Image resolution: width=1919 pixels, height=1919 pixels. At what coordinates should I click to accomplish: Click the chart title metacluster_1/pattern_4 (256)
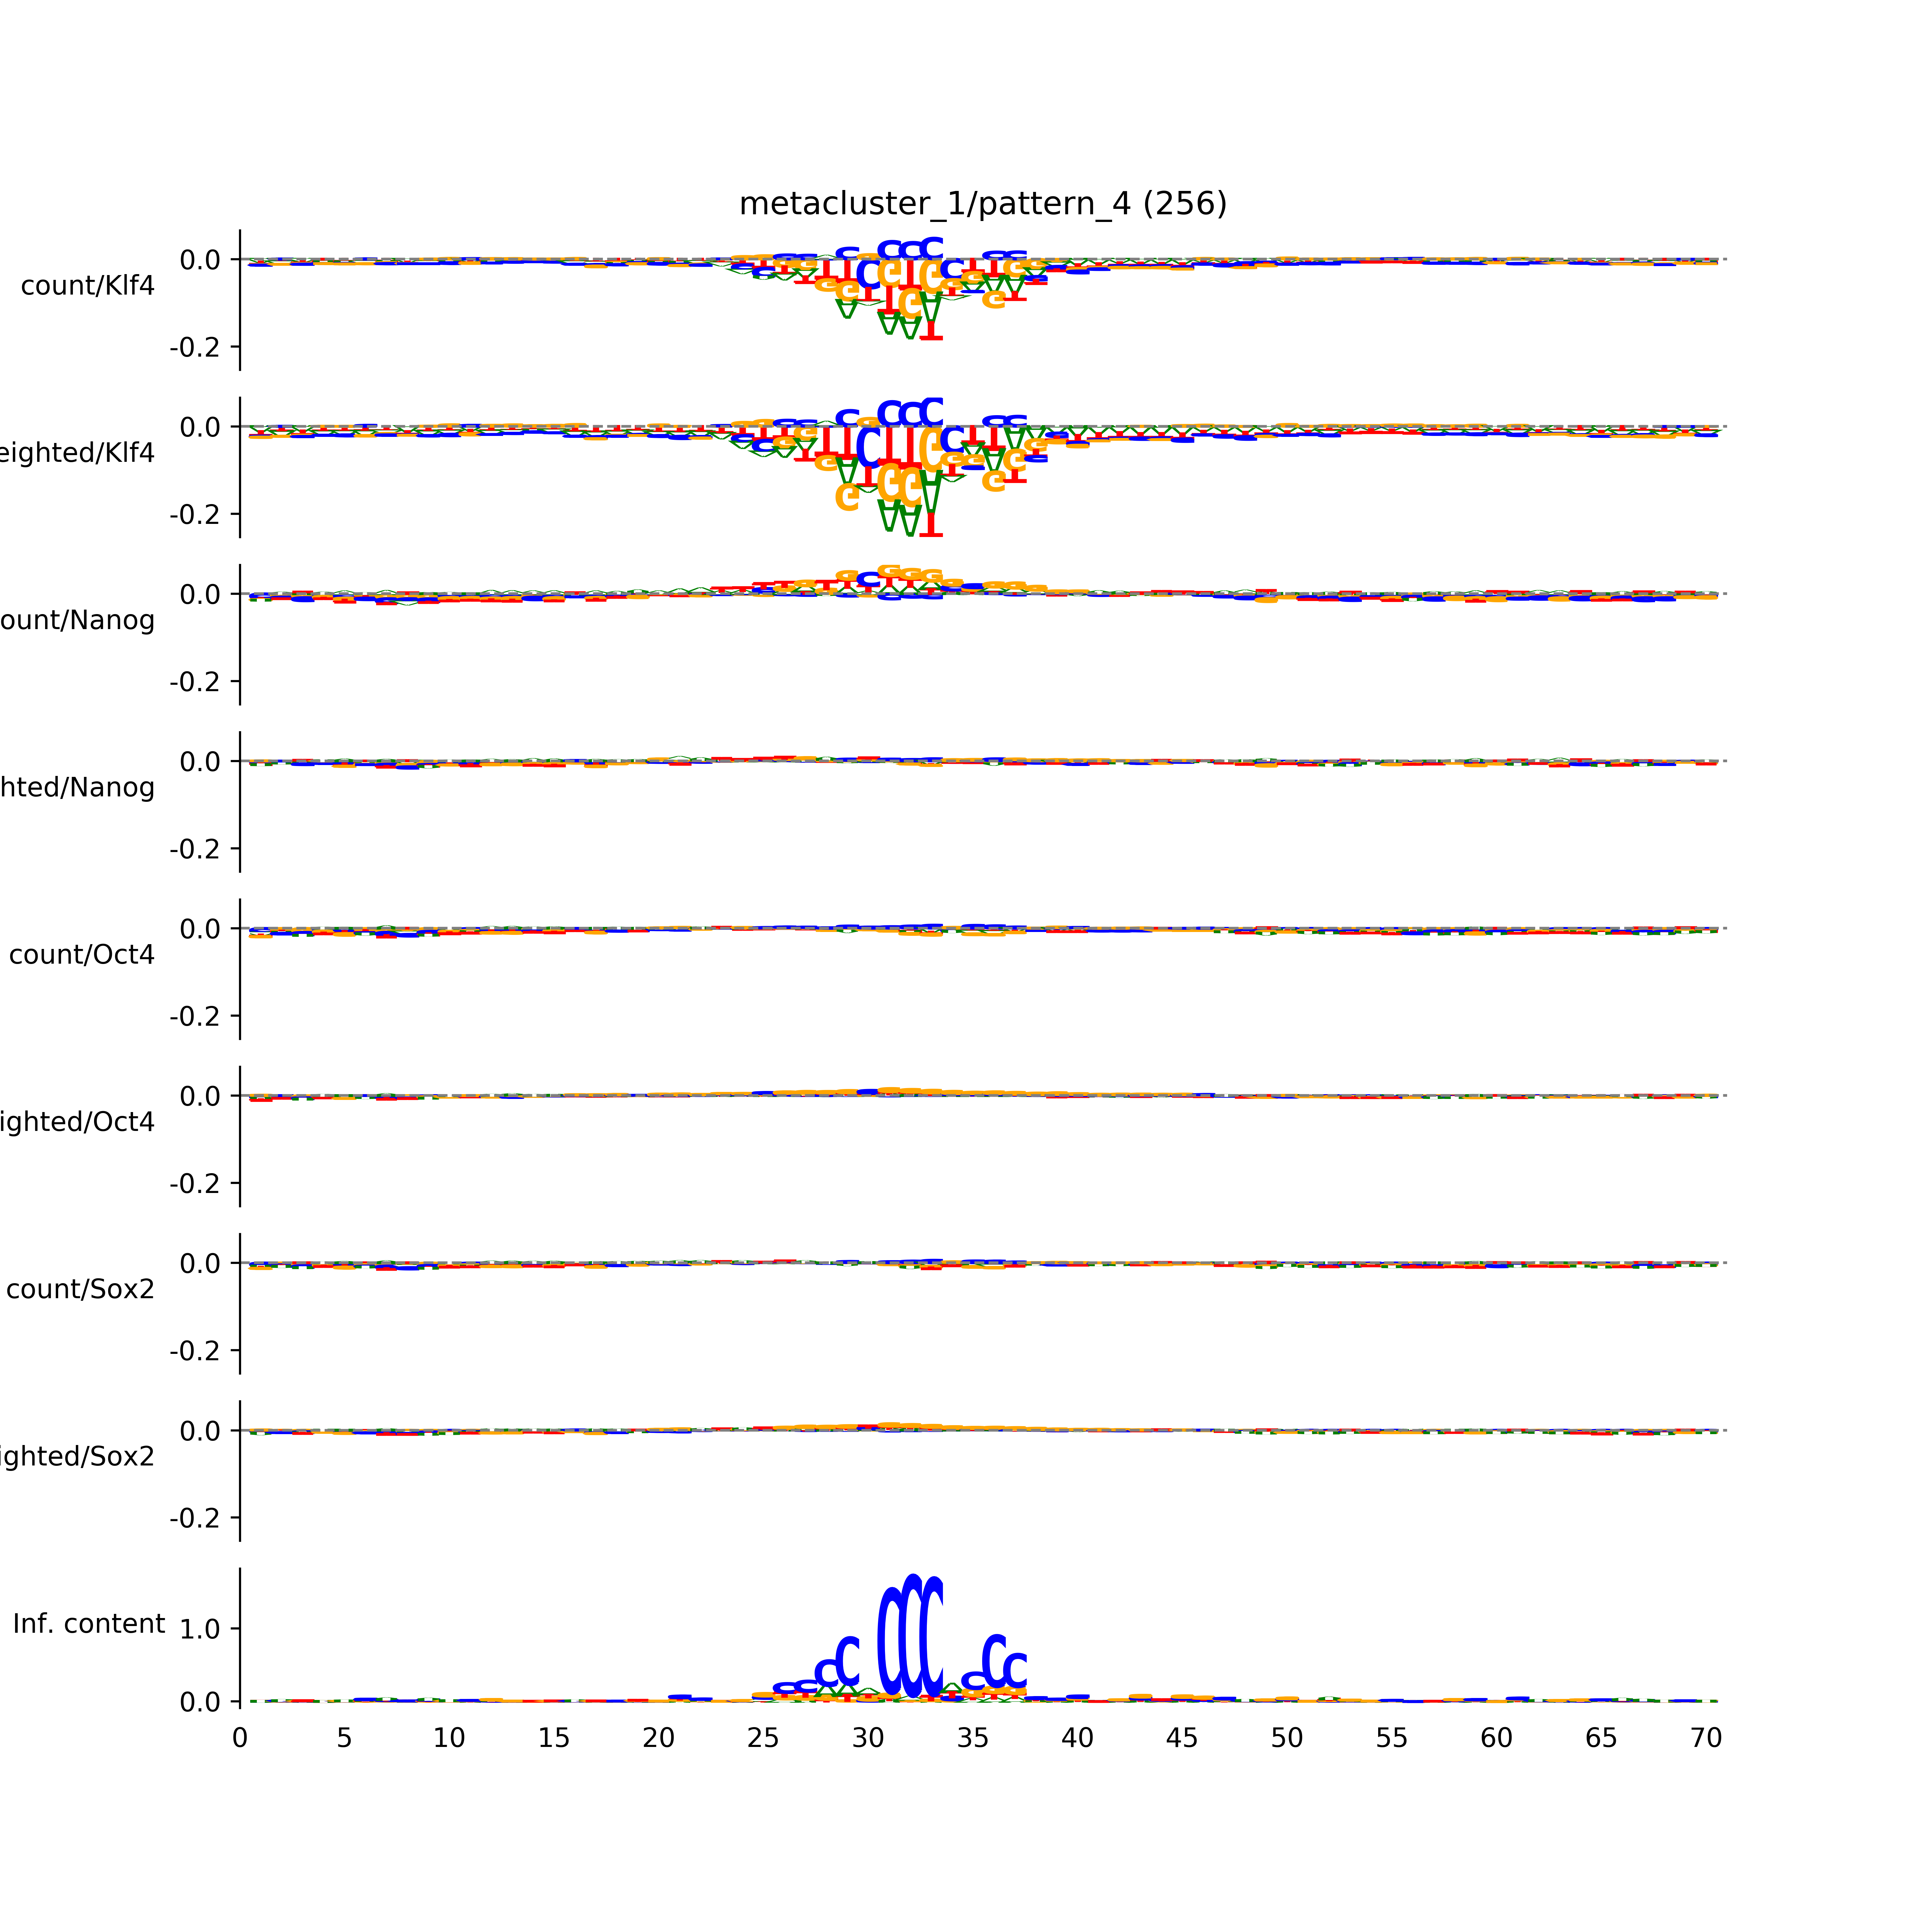(x=982, y=204)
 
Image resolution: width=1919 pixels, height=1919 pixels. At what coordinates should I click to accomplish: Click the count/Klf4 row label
(x=87, y=286)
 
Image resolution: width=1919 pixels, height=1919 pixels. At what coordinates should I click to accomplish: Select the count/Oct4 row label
(x=82, y=954)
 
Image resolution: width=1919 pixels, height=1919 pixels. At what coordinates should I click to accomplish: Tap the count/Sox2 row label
(x=81, y=1289)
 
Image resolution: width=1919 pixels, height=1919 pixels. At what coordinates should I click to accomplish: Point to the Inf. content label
(x=88, y=1624)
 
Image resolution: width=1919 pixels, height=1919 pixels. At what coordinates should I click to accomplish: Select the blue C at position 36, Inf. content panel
(x=993, y=1661)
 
